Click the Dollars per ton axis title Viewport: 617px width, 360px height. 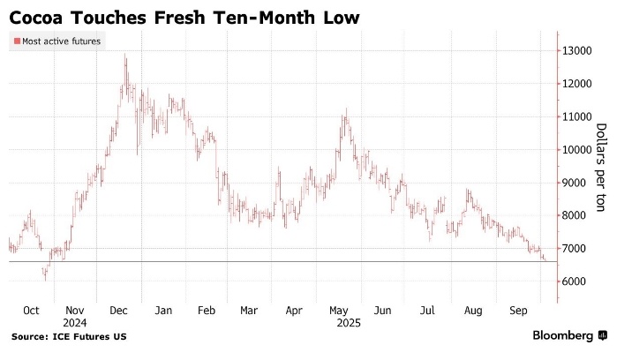click(x=600, y=168)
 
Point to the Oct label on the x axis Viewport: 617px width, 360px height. click(x=30, y=311)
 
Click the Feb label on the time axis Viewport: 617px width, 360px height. click(x=207, y=311)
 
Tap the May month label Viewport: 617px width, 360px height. click(x=337, y=311)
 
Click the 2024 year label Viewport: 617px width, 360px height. click(x=75, y=323)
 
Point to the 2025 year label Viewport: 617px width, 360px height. click(x=338, y=323)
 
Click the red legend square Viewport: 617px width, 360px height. click(x=16, y=41)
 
